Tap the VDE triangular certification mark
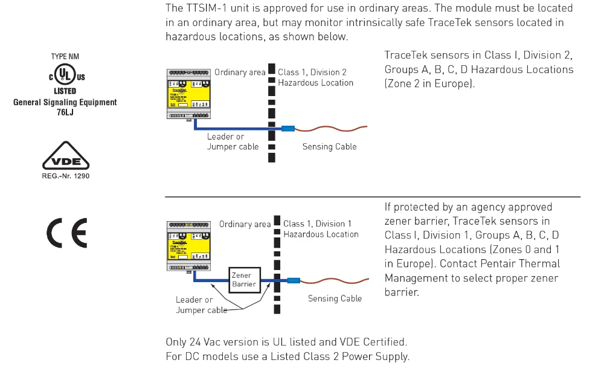pos(65,158)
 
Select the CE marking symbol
pos(66,233)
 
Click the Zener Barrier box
pos(243,279)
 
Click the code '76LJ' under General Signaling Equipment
pos(65,112)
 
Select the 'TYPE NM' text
pos(65,56)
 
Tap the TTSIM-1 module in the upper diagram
pos(188,93)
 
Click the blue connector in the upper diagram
pos(287,128)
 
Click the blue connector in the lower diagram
pos(293,280)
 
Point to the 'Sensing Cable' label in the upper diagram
pos(329,147)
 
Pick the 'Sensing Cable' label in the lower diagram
pos(335,298)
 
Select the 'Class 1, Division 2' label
pos(312,72)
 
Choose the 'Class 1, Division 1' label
pos(317,224)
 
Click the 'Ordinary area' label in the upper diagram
pos(240,72)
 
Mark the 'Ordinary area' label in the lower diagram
pos(245,224)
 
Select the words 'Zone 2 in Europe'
pos(429,83)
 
